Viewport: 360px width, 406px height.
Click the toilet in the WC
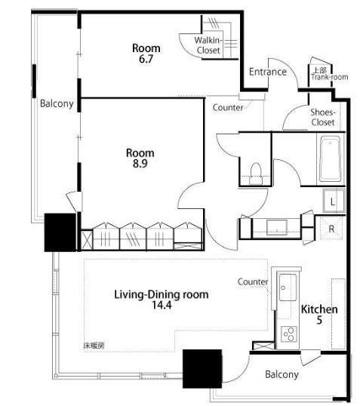pyautogui.click(x=256, y=174)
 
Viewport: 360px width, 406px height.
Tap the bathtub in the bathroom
pyautogui.click(x=330, y=158)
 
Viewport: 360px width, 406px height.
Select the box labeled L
pyautogui.click(x=334, y=201)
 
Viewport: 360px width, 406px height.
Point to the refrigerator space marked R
pyautogui.click(x=331, y=229)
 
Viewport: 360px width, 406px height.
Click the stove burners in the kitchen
pyautogui.click(x=289, y=334)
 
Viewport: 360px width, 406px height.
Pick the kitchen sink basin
pyautogui.click(x=288, y=288)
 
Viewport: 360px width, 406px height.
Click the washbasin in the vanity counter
pyautogui.click(x=277, y=227)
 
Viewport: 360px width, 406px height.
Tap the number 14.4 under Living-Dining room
pyautogui.click(x=162, y=305)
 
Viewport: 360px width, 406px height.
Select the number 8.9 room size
pyautogui.click(x=140, y=164)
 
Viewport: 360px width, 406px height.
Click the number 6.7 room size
pyautogui.click(x=146, y=59)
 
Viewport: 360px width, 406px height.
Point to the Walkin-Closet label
pyautogui.click(x=208, y=45)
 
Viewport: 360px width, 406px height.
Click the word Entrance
pyautogui.click(x=268, y=72)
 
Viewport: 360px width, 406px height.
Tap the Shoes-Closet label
pyautogui.click(x=323, y=117)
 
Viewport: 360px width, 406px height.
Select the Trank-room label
pyautogui.click(x=330, y=77)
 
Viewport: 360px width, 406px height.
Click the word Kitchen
pyautogui.click(x=319, y=309)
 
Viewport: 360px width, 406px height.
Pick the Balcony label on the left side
pyautogui.click(x=57, y=103)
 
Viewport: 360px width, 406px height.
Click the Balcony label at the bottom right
pyautogui.click(x=282, y=374)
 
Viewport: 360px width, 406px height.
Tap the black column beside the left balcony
pyautogui.click(x=60, y=232)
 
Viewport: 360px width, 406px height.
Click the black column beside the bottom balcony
pyautogui.click(x=202, y=369)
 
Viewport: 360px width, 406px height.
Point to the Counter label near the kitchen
pyautogui.click(x=253, y=281)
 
